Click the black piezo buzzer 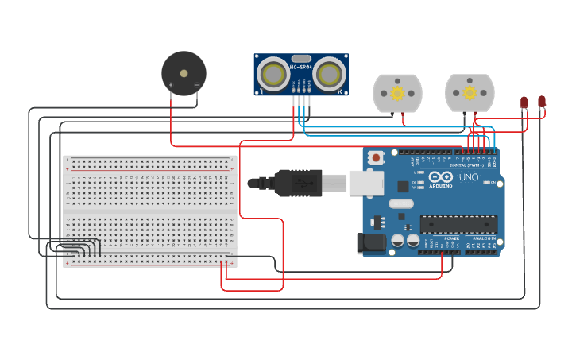click(184, 73)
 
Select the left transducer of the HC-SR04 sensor click(274, 74)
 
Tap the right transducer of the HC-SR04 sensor click(328, 74)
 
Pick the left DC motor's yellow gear click(397, 93)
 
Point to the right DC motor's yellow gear click(470, 93)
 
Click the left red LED click(524, 102)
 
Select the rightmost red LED click(542, 101)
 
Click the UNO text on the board click(468, 177)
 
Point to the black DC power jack click(371, 243)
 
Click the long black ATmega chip click(458, 225)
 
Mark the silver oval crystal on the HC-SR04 click(301, 58)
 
